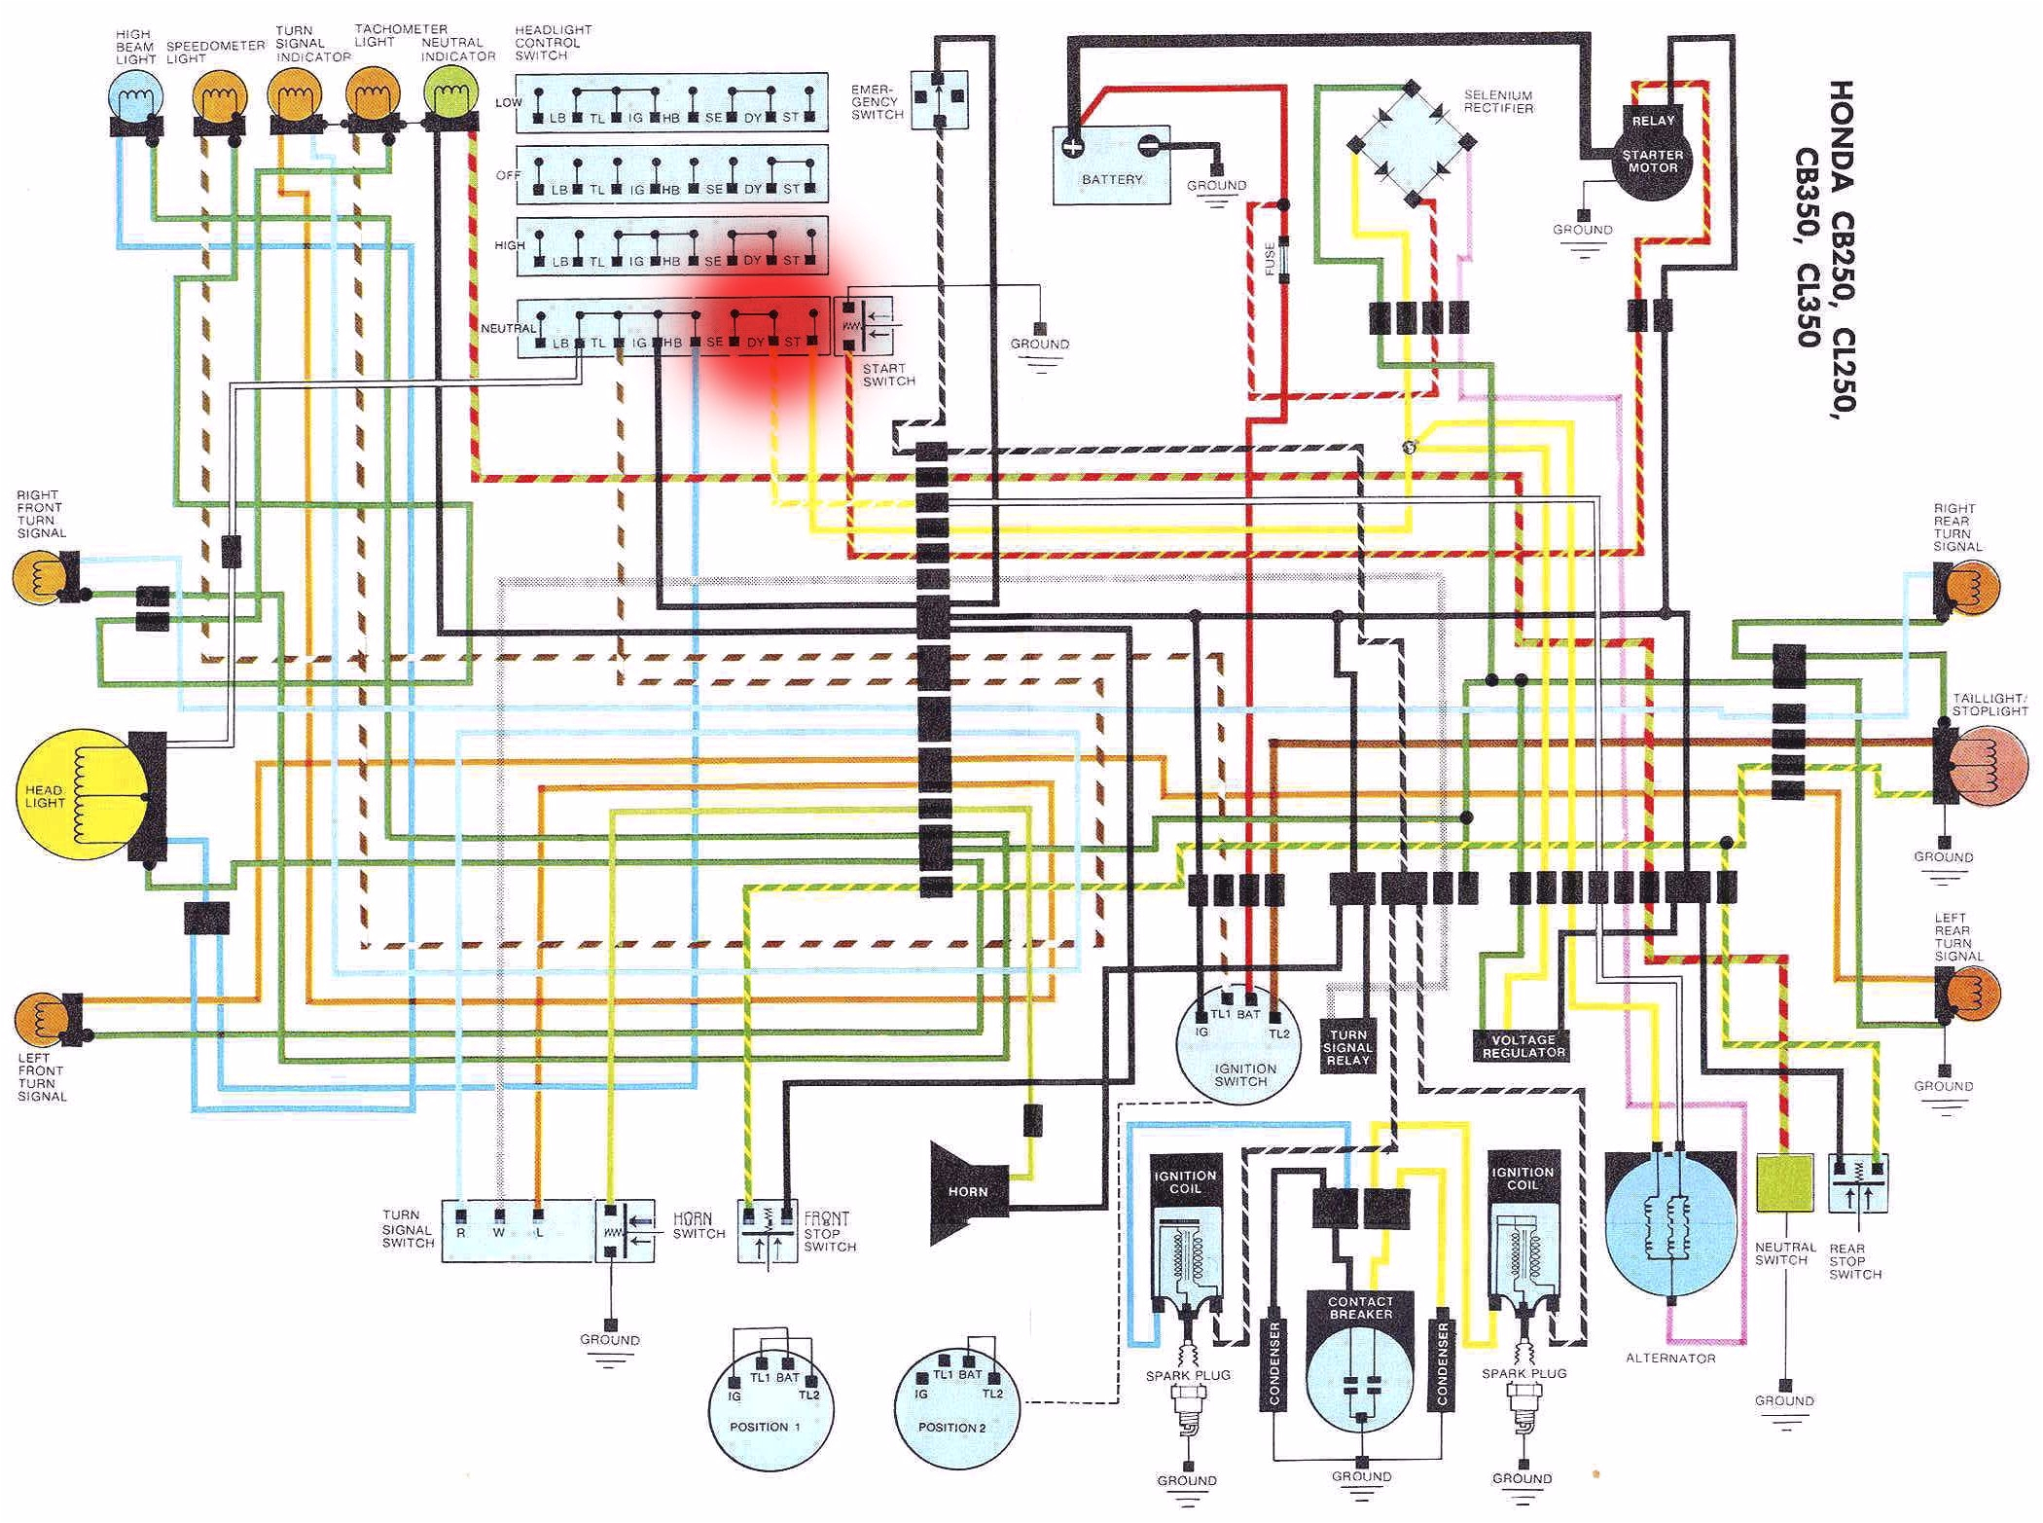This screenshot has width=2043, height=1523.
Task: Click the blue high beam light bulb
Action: [x=136, y=98]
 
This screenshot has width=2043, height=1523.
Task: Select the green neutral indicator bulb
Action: [x=450, y=98]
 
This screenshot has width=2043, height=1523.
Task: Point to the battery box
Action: [x=1111, y=165]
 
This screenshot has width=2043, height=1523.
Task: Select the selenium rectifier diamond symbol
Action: [x=1412, y=144]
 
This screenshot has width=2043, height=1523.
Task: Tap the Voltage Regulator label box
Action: [x=1523, y=1045]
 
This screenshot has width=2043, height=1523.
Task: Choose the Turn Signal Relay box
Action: [x=1347, y=1047]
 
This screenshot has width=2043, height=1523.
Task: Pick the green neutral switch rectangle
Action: [x=1784, y=1182]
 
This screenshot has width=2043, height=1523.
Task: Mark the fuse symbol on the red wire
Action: [x=1283, y=259]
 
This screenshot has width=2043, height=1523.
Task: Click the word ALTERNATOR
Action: [x=1670, y=1358]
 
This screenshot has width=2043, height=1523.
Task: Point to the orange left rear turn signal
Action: [x=1970, y=993]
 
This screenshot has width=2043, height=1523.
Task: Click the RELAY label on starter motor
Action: [x=1652, y=121]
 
